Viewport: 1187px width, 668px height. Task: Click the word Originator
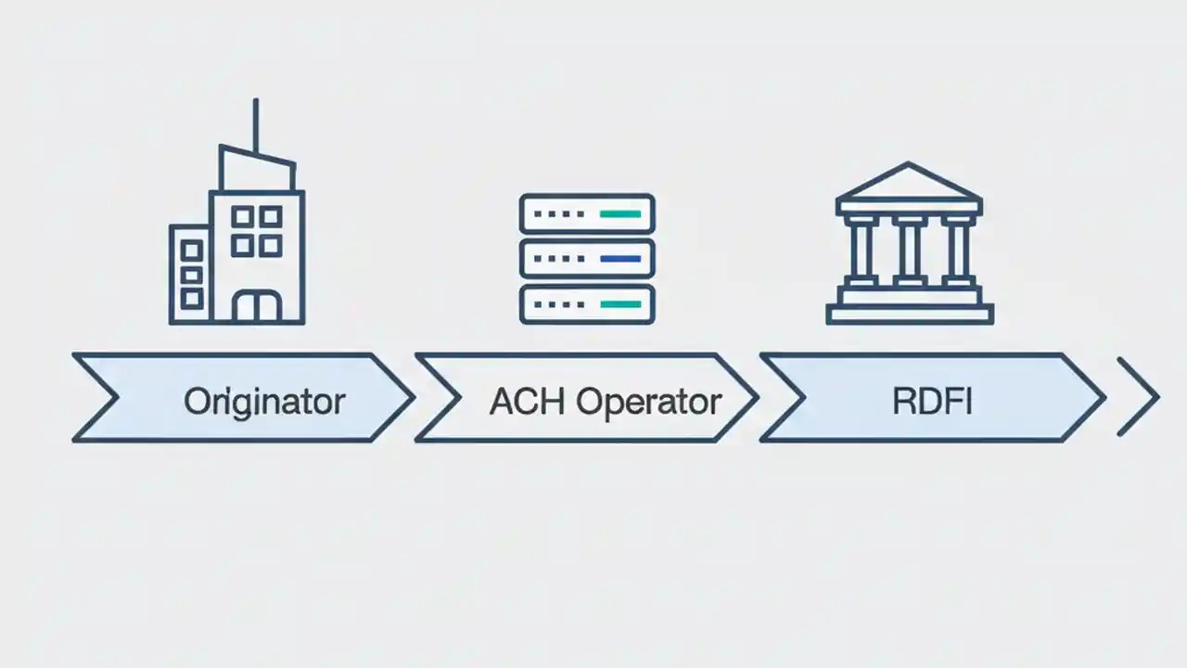[x=264, y=401]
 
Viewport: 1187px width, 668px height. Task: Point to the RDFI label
[x=932, y=401]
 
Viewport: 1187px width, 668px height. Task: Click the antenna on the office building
[x=255, y=125]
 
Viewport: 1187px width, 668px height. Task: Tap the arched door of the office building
[x=256, y=307]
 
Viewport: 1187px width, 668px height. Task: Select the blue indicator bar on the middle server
[x=620, y=259]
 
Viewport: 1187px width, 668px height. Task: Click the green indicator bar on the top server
[x=620, y=214]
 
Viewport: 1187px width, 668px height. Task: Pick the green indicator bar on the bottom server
[x=620, y=303]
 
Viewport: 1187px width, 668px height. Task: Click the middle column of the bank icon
[x=909, y=251]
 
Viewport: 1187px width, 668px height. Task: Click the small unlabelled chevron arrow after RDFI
[x=1138, y=397]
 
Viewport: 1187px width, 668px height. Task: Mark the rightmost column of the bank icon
[x=956, y=251]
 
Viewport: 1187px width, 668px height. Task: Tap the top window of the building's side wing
[x=192, y=250]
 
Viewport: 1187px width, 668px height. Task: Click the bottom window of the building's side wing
[x=192, y=298]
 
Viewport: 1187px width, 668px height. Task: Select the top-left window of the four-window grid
[x=242, y=217]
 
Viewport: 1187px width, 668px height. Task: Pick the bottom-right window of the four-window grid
[x=270, y=246]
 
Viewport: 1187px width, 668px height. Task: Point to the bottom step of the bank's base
[x=909, y=316]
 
